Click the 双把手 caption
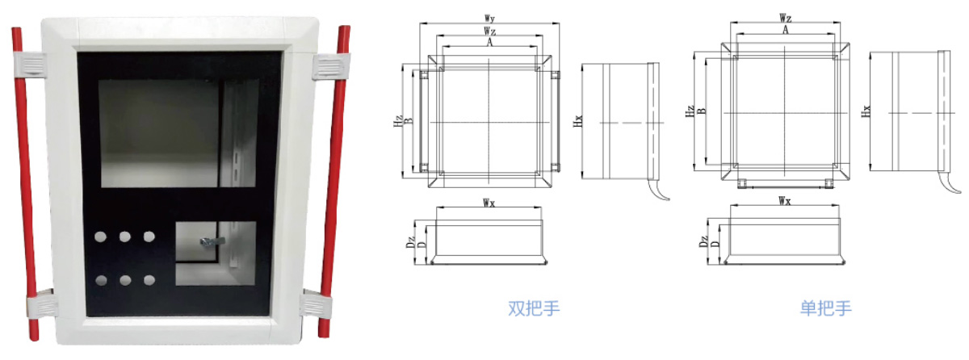(534, 308)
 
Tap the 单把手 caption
(826, 308)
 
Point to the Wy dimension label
(489, 19)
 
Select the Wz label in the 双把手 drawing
(489, 31)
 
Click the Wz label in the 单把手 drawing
(786, 18)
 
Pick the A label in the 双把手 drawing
(489, 42)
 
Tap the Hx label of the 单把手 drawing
(866, 111)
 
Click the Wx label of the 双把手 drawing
(489, 203)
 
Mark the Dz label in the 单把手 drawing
(703, 241)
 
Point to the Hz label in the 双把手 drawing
(398, 121)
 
